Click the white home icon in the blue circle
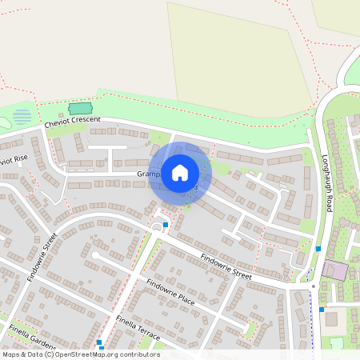(180, 172)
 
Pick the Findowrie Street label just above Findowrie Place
(226, 264)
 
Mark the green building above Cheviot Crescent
(80, 108)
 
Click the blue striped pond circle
(22, 117)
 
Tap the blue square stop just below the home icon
(165, 225)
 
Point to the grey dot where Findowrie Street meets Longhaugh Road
(313, 286)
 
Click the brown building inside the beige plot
(331, 319)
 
